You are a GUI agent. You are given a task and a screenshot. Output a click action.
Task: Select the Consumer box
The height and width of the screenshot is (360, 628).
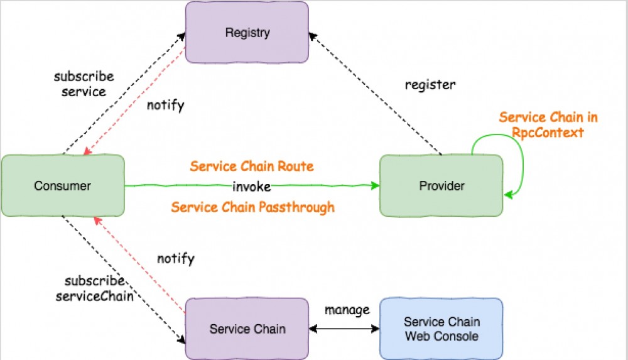pyautogui.click(x=62, y=186)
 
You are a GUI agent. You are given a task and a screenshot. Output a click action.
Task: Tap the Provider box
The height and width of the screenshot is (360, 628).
pyautogui.click(x=441, y=186)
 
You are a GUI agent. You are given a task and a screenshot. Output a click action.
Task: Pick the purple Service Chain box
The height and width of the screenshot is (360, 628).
pyautogui.click(x=247, y=329)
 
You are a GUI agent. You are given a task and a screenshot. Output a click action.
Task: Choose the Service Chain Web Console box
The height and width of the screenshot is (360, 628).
pyautogui.click(x=441, y=329)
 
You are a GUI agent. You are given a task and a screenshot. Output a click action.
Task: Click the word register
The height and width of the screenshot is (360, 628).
pyautogui.click(x=430, y=84)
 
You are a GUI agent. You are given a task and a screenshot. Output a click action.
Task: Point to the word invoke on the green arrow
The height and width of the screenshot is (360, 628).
pyautogui.click(x=251, y=186)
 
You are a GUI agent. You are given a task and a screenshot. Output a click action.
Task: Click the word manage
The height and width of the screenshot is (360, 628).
pyautogui.click(x=347, y=310)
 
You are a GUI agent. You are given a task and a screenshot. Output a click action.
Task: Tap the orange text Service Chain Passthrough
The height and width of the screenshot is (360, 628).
pyautogui.click(x=252, y=207)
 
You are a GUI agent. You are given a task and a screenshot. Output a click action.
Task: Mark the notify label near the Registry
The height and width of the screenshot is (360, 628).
pyautogui.click(x=165, y=106)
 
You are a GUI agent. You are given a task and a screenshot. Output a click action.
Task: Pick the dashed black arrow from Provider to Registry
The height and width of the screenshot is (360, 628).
pyautogui.click(x=377, y=94)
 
